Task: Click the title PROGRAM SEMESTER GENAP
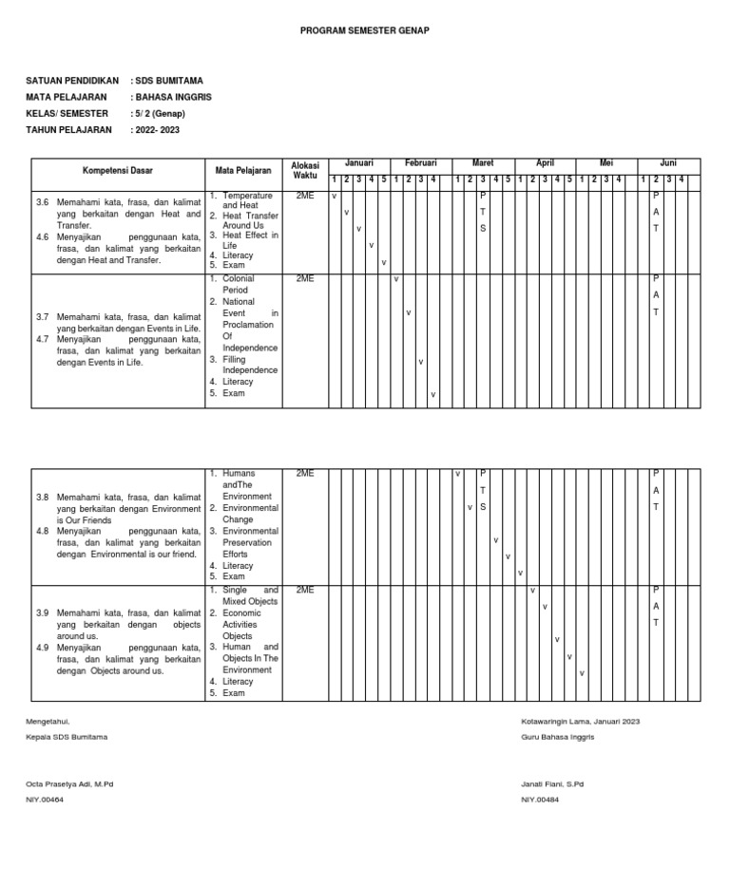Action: pos(365,30)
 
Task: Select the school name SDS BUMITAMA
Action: pos(168,81)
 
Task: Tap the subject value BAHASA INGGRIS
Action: pos(173,97)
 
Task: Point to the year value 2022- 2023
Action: pos(157,129)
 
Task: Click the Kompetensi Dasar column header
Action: pos(117,171)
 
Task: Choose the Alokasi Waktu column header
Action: pos(305,170)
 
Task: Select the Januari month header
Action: pos(359,164)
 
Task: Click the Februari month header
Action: pos(420,164)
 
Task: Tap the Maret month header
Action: pos(483,164)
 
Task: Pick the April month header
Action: pos(545,164)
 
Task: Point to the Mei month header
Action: pos(606,164)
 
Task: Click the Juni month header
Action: pos(668,164)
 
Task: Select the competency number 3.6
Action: pos(42,203)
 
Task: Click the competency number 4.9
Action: pos(42,648)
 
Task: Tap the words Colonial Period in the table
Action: pos(239,284)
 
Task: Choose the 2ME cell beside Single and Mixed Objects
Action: pos(304,591)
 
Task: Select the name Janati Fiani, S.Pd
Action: pos(552,784)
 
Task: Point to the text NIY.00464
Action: pos(45,800)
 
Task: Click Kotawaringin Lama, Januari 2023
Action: pos(580,722)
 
